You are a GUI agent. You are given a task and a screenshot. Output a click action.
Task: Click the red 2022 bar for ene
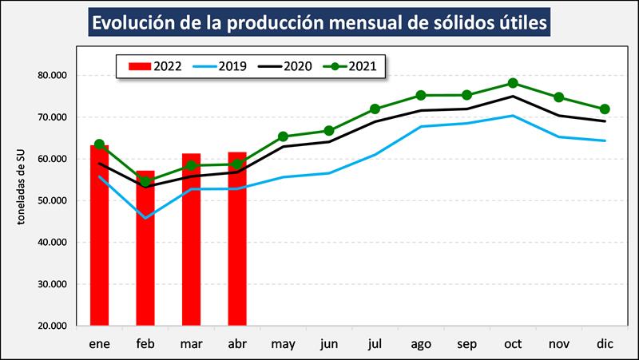coord(99,235)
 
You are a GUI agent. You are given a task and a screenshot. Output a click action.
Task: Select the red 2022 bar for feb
coord(145,247)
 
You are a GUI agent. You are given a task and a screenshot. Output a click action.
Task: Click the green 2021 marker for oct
coord(513,83)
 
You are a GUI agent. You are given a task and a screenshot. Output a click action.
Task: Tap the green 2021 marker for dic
coord(605,109)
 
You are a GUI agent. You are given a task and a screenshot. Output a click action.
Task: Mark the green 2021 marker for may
coord(283,136)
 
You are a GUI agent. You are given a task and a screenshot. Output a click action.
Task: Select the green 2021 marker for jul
coord(375,109)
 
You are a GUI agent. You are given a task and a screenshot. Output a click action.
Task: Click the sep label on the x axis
coord(466,344)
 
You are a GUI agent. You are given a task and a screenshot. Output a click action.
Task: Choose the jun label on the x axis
coord(328,344)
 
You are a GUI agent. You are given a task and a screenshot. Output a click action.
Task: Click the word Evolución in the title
coord(136,23)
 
